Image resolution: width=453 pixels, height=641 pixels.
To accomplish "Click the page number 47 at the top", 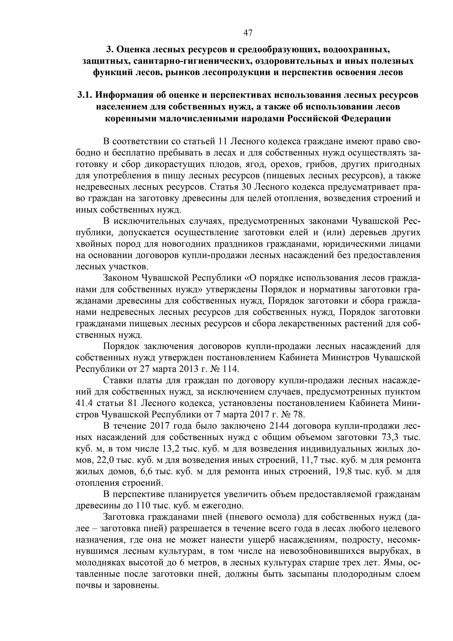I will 248,33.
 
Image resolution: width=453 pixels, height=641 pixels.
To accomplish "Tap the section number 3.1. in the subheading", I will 85,95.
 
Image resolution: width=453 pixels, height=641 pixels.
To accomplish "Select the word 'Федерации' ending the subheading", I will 367,119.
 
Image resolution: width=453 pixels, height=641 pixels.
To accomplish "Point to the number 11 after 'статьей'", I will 222,142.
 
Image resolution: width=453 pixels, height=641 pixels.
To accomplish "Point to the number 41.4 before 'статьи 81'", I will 84,403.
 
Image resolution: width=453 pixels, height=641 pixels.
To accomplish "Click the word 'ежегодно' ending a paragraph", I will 226,505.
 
